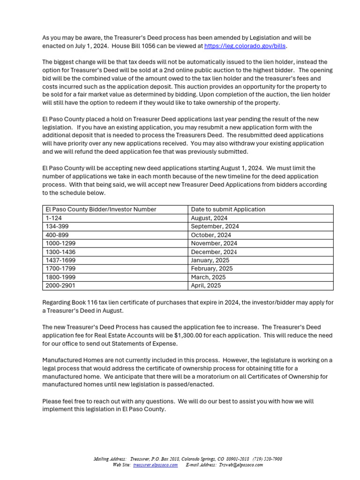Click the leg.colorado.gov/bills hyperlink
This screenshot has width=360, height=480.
tap(245, 46)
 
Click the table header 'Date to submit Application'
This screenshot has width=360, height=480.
tap(228, 210)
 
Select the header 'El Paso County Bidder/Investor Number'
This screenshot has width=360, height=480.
tap(101, 210)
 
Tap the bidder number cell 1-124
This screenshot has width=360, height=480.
tap(53, 218)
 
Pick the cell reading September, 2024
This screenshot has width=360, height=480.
tap(215, 226)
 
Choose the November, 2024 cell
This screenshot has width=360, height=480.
tap(214, 243)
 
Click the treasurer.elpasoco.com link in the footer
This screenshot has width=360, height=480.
tap(155, 465)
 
